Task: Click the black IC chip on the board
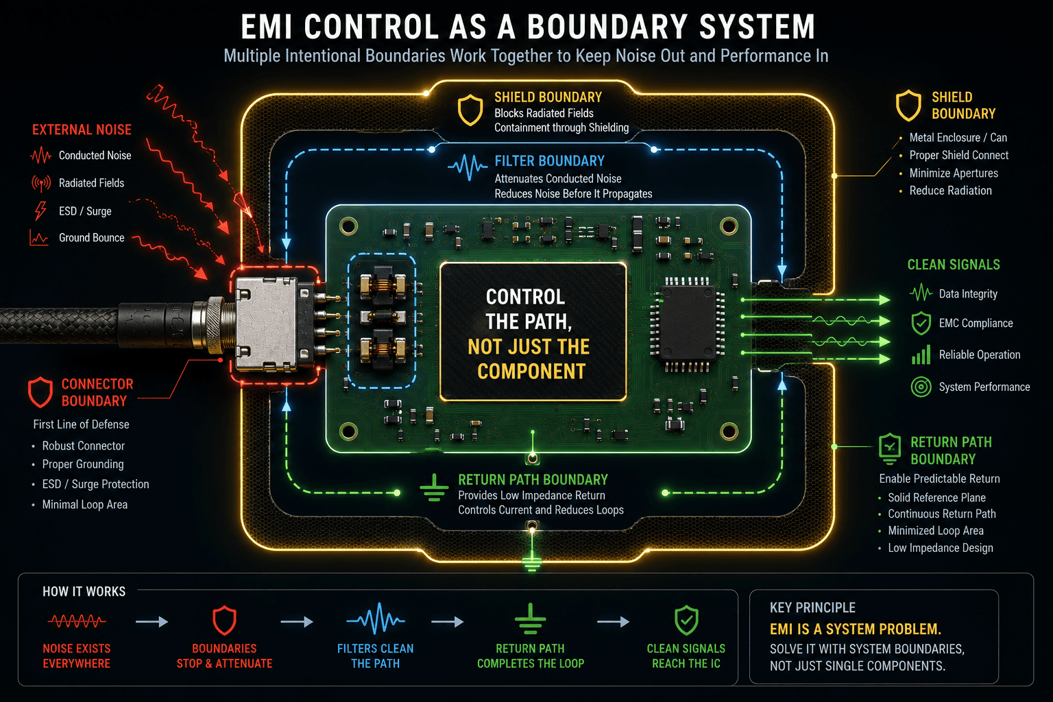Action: tap(688, 324)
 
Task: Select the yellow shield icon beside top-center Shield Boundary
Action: tap(470, 110)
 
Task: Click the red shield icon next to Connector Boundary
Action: tap(40, 391)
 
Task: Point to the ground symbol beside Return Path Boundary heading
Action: tap(434, 487)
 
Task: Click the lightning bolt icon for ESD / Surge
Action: tap(41, 211)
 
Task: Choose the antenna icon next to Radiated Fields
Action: tap(41, 183)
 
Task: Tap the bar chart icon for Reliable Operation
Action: tap(921, 354)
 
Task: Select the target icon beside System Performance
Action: tap(921, 387)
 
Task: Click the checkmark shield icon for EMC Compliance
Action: tap(921, 324)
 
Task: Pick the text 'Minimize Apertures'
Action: tap(954, 173)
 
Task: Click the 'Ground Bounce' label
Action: tap(92, 238)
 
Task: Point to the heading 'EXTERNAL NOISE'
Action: tap(82, 130)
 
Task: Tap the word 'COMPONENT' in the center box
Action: tap(531, 372)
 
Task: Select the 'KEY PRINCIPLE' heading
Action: tap(812, 607)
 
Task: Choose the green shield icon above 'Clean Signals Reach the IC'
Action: tap(686, 620)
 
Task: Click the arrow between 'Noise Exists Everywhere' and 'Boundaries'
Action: tap(152, 622)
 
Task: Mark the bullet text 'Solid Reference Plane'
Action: tap(936, 498)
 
